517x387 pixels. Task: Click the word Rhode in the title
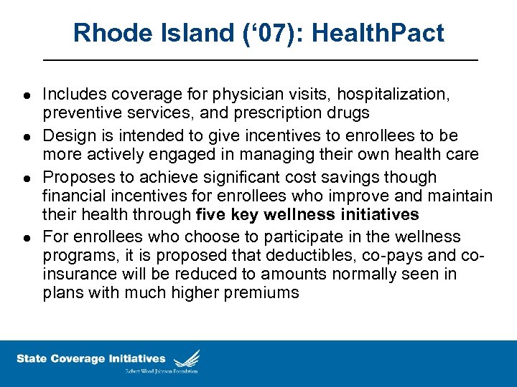click(x=110, y=33)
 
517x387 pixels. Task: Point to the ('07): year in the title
click(x=270, y=33)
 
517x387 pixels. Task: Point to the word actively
click(x=113, y=155)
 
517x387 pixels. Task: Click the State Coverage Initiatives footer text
click(x=90, y=358)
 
